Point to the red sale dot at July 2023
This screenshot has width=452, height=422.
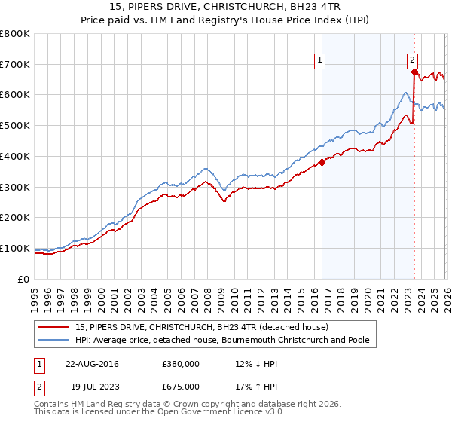point(414,72)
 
